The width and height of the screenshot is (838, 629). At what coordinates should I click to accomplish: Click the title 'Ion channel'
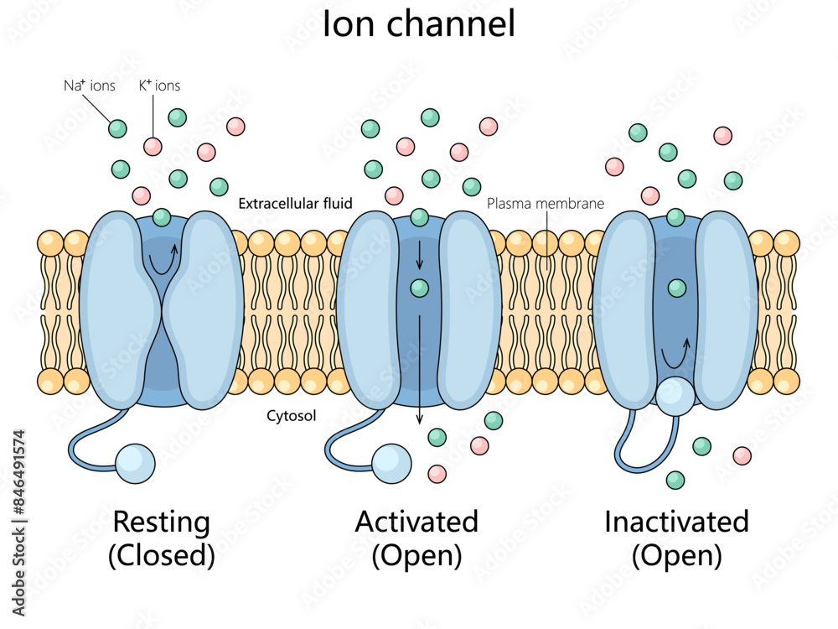[418, 25]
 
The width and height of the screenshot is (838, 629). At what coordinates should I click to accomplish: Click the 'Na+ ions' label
[90, 86]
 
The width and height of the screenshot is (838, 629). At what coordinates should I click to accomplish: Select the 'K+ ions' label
[159, 86]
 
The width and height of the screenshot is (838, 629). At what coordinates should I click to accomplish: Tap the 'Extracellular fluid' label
[295, 203]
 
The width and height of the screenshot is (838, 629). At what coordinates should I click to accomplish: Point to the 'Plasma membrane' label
[546, 203]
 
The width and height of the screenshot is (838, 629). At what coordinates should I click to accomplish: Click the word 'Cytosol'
[291, 415]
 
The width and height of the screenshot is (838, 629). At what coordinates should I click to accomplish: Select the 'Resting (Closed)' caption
[162, 538]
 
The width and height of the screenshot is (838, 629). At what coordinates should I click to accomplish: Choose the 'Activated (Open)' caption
[416, 538]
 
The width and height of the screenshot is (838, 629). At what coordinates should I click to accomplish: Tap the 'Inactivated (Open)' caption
[676, 538]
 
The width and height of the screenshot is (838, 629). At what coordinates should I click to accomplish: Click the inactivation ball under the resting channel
[136, 464]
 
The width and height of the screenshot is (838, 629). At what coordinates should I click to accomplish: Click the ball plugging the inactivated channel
[675, 396]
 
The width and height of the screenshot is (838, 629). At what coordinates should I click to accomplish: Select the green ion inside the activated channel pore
[420, 289]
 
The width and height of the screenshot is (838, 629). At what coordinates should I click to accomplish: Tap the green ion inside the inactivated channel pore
[676, 289]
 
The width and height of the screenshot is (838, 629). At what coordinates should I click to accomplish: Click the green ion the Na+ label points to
[118, 128]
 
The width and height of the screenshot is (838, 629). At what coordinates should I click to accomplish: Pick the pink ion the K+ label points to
[153, 147]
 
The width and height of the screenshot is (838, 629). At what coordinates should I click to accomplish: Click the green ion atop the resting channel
[162, 218]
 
